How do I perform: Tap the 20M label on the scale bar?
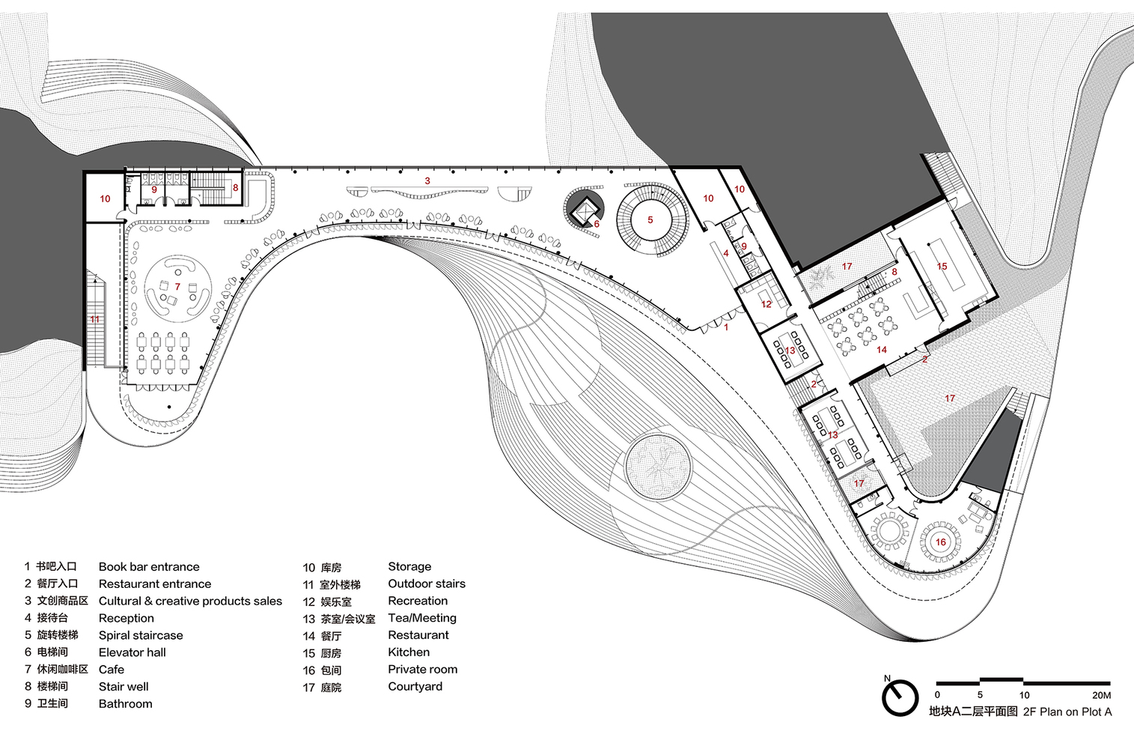coord(1100,695)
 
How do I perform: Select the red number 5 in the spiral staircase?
coord(650,220)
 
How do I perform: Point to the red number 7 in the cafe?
coord(177,287)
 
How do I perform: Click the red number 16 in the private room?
coord(940,542)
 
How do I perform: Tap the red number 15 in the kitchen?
coord(942,267)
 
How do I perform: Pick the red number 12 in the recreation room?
coord(766,304)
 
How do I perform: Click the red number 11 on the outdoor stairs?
coord(95,320)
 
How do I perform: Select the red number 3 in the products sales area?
coord(427,181)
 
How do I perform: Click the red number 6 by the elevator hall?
coord(597,224)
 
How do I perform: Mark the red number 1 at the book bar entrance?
coord(725,327)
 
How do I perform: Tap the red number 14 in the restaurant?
coord(881,350)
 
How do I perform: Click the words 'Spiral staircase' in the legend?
coord(141,635)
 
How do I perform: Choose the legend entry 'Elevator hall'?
coord(132,652)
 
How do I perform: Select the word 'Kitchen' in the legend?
coord(409,652)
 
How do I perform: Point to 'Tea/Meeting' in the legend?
coord(422,618)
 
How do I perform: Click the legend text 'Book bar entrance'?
coord(149,567)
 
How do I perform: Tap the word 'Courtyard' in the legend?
coord(415,687)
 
